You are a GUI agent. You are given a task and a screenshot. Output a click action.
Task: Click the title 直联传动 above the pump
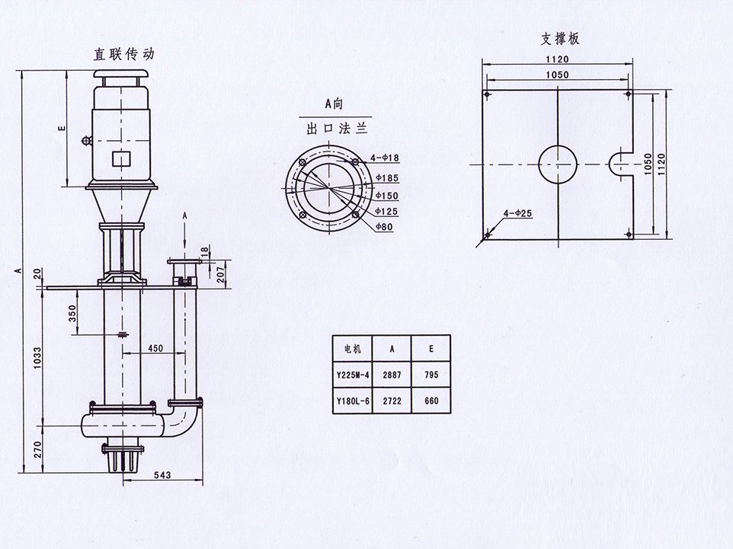[x=123, y=54]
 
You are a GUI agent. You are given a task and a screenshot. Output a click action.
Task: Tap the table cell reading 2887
[x=392, y=375]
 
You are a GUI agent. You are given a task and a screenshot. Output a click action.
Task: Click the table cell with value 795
[x=431, y=375]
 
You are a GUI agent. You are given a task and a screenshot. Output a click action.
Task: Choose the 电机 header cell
[x=353, y=350]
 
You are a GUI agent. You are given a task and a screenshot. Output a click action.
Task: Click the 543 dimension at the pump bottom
[x=162, y=475]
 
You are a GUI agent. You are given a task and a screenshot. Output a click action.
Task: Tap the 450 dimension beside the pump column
[x=155, y=348]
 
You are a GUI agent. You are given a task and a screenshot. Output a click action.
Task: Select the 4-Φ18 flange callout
[x=385, y=158]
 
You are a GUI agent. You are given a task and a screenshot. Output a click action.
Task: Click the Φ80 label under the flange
[x=385, y=227]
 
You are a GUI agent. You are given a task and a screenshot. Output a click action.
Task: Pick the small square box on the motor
[x=120, y=158]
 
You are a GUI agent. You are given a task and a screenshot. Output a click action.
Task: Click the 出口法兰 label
[x=328, y=129]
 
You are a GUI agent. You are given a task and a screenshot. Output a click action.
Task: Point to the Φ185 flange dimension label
[x=387, y=177]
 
